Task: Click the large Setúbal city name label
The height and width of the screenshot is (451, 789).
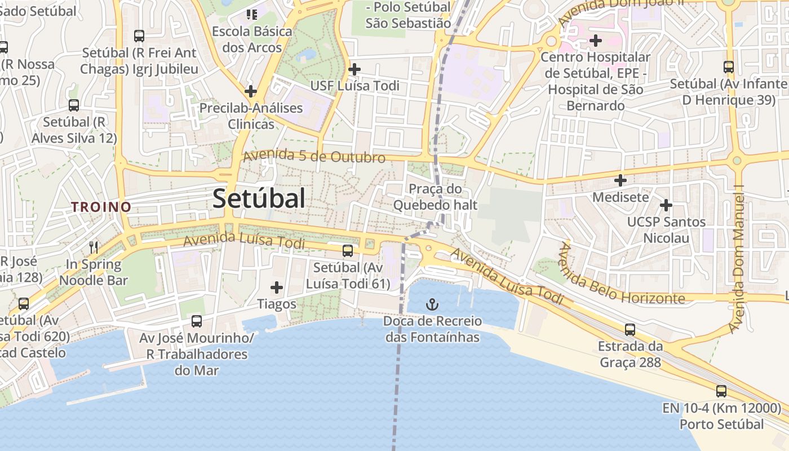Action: pyautogui.click(x=259, y=198)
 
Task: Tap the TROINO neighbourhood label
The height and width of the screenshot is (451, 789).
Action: pyautogui.click(x=101, y=207)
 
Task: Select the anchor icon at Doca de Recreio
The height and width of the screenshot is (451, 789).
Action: pyautogui.click(x=432, y=305)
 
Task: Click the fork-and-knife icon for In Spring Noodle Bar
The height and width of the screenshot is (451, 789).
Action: pyautogui.click(x=94, y=247)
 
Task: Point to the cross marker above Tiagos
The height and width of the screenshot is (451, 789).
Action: pyautogui.click(x=277, y=288)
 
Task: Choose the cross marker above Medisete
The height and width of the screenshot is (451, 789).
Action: pyautogui.click(x=620, y=180)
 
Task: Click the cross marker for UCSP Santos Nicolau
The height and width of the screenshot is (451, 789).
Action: pyautogui.click(x=666, y=205)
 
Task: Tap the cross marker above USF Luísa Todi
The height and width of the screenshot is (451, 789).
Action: pyautogui.click(x=354, y=69)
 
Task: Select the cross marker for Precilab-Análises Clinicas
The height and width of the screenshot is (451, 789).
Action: pyautogui.click(x=251, y=91)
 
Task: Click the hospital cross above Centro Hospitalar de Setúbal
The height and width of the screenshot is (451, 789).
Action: pyautogui.click(x=596, y=41)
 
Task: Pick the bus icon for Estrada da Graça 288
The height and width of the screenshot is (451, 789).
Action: pyautogui.click(x=630, y=329)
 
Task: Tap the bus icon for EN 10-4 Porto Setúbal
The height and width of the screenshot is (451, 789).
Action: pyautogui.click(x=721, y=391)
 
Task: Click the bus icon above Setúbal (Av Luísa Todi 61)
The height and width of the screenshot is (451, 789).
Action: pyautogui.click(x=348, y=250)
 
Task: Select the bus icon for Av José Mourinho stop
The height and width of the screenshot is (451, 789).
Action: pyautogui.click(x=197, y=321)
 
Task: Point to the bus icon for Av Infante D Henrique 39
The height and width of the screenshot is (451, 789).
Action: pyautogui.click(x=729, y=67)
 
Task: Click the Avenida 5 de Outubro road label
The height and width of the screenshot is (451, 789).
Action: pyautogui.click(x=314, y=156)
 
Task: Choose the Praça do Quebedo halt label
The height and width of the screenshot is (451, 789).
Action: pyautogui.click(x=435, y=197)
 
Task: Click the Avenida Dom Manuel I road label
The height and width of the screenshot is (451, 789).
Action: pyautogui.click(x=738, y=259)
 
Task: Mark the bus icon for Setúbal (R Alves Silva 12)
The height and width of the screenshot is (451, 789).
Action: pyautogui.click(x=74, y=105)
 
